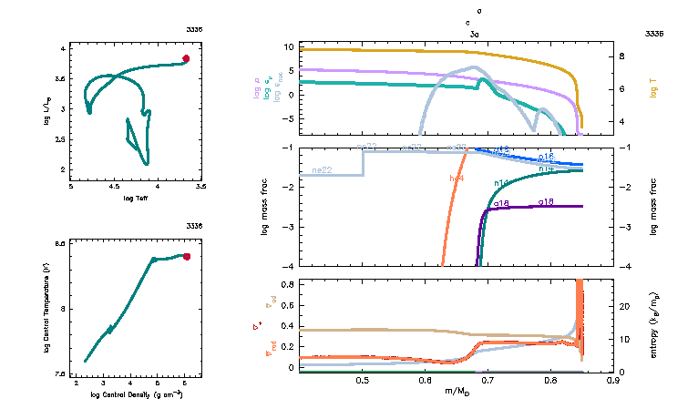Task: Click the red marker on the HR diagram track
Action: tap(186, 58)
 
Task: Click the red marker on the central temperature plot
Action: tap(187, 257)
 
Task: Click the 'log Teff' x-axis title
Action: tap(136, 198)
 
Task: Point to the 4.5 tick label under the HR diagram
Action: tap(114, 186)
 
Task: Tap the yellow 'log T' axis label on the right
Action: tap(652, 88)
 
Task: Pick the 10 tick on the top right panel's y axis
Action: tap(287, 46)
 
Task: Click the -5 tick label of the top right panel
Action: tap(286, 118)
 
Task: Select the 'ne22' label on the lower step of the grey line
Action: tap(322, 170)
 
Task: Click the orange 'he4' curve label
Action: tap(457, 179)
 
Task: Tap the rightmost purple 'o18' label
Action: tap(547, 200)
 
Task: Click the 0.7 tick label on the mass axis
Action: tap(488, 383)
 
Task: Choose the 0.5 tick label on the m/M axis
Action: tap(364, 383)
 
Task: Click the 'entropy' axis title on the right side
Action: tap(652, 324)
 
